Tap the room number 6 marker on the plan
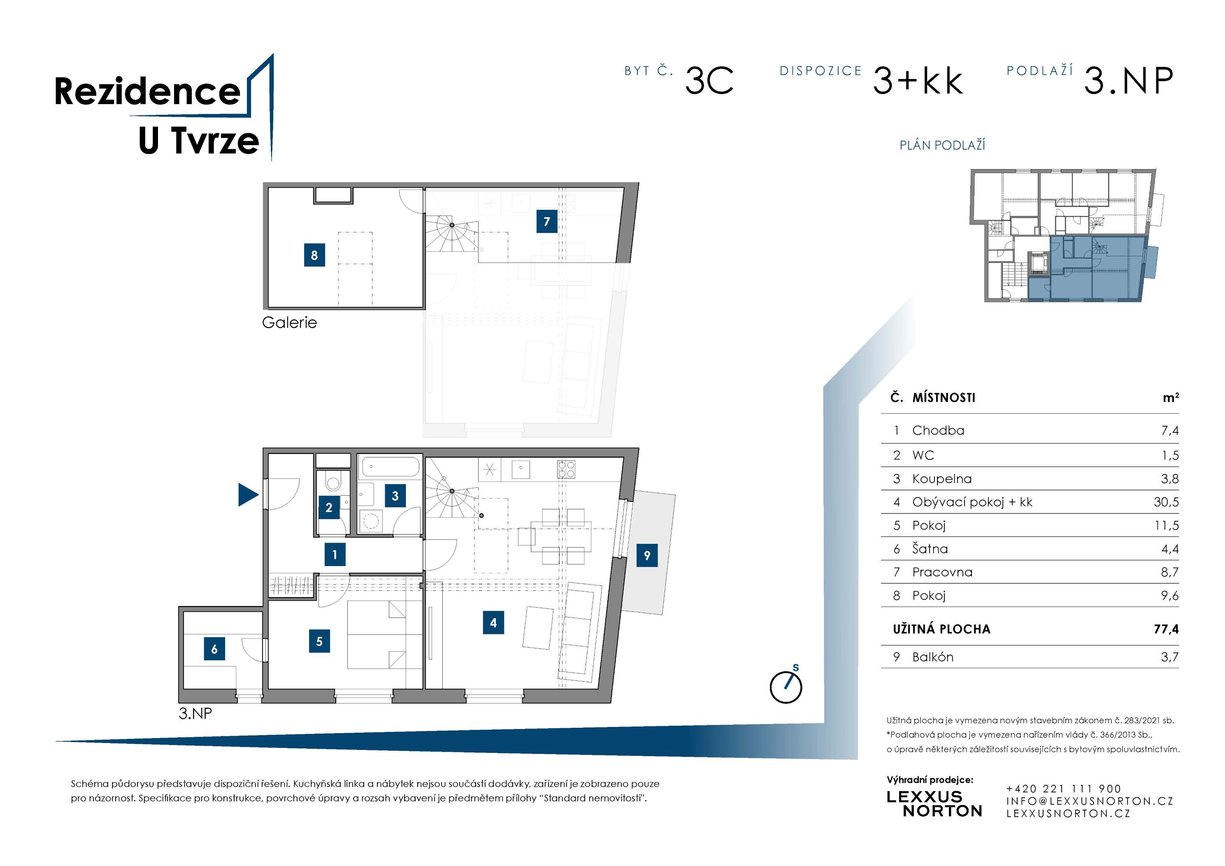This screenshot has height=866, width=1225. click(x=214, y=649)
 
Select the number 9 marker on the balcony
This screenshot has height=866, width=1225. click(x=646, y=555)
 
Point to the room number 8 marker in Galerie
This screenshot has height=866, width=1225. click(x=314, y=255)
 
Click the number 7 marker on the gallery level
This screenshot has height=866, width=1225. click(x=547, y=221)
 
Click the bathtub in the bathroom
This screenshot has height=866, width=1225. click(x=391, y=467)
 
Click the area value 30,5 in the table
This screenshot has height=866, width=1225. click(x=1166, y=502)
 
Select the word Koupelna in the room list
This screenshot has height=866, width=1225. click(x=942, y=478)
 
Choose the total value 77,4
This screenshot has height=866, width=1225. click(x=1166, y=629)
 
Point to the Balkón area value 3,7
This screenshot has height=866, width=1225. click(x=1169, y=657)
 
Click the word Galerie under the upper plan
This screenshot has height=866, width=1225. click(x=289, y=322)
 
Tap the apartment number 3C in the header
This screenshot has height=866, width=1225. click(x=709, y=81)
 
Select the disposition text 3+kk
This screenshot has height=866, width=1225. click(x=918, y=81)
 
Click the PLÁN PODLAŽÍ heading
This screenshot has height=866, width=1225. click(x=942, y=145)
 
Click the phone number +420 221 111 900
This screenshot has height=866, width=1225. click(x=1063, y=789)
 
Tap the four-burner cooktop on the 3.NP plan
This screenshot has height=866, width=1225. click(x=566, y=469)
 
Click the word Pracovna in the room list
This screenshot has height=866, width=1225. click(x=942, y=572)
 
